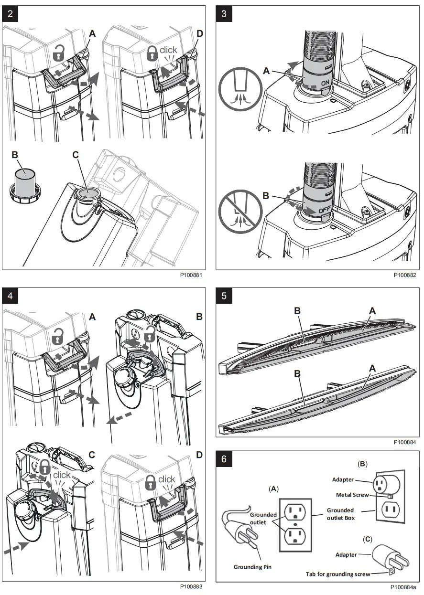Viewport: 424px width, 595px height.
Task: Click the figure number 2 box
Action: click(x=11, y=13)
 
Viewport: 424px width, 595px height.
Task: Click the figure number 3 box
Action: click(x=224, y=13)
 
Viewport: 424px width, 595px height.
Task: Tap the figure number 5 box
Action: click(x=224, y=296)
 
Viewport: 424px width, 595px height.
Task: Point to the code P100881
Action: click(x=191, y=276)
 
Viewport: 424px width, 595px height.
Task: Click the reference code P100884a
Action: click(x=403, y=586)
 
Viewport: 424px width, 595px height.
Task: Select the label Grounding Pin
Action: click(x=252, y=567)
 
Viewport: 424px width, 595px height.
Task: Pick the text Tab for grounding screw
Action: click(x=337, y=574)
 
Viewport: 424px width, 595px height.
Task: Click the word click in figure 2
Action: click(x=168, y=50)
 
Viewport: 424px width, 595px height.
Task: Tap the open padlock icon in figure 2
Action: click(x=59, y=53)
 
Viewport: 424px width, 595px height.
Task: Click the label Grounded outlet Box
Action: click(x=340, y=514)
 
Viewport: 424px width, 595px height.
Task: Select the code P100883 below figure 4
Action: click(x=191, y=586)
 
